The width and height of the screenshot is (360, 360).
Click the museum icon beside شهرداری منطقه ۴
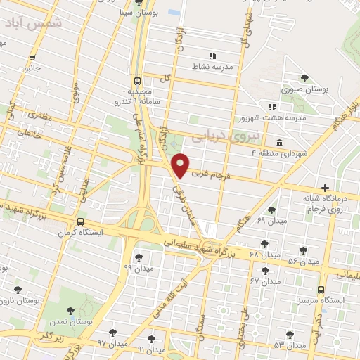[280, 143]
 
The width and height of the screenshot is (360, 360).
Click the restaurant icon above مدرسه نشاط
[212, 56]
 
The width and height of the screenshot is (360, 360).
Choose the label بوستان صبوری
[305, 89]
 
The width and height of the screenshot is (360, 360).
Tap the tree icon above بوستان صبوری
[304, 78]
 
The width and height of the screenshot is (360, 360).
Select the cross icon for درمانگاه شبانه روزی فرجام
[324, 188]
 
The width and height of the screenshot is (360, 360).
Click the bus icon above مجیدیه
[137, 80]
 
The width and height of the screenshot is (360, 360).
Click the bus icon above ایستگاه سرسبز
[321, 289]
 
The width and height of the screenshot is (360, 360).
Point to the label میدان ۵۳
[290, 345]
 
